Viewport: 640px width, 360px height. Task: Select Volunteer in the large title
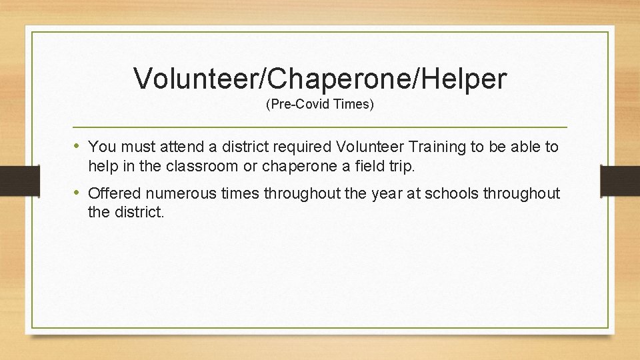(x=198, y=79)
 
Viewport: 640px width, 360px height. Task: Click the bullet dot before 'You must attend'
(x=79, y=146)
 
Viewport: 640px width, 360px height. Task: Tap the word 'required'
(x=303, y=147)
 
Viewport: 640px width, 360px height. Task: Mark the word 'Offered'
(x=115, y=194)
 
